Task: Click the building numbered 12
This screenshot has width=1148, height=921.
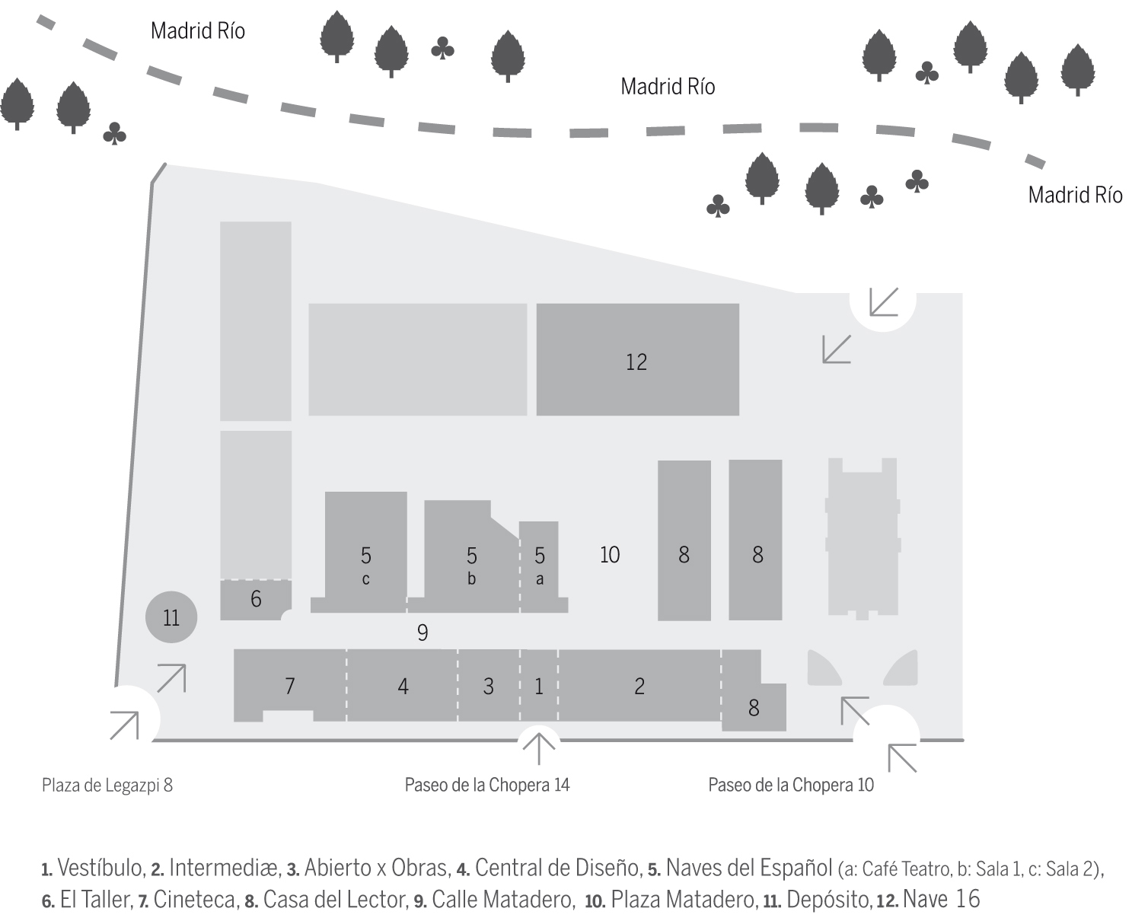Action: [637, 360]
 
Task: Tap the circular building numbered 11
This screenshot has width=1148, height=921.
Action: [171, 617]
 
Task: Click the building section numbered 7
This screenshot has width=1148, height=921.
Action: [289, 686]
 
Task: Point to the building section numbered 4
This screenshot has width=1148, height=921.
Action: [403, 686]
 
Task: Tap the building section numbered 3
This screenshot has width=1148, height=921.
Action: [488, 686]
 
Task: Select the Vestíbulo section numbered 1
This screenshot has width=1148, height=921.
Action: [539, 686]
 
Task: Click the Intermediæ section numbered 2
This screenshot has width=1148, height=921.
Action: [639, 686]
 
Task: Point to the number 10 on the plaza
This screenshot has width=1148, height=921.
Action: [610, 555]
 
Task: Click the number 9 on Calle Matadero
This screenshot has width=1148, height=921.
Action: [423, 632]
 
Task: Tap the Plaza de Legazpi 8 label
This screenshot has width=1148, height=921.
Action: [107, 785]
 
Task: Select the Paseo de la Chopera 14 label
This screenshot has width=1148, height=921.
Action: [487, 785]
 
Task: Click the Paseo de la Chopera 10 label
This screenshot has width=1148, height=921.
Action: [791, 785]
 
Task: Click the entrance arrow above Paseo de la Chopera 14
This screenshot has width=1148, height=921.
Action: [539, 747]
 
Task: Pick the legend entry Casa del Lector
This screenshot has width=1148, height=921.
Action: [334, 900]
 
